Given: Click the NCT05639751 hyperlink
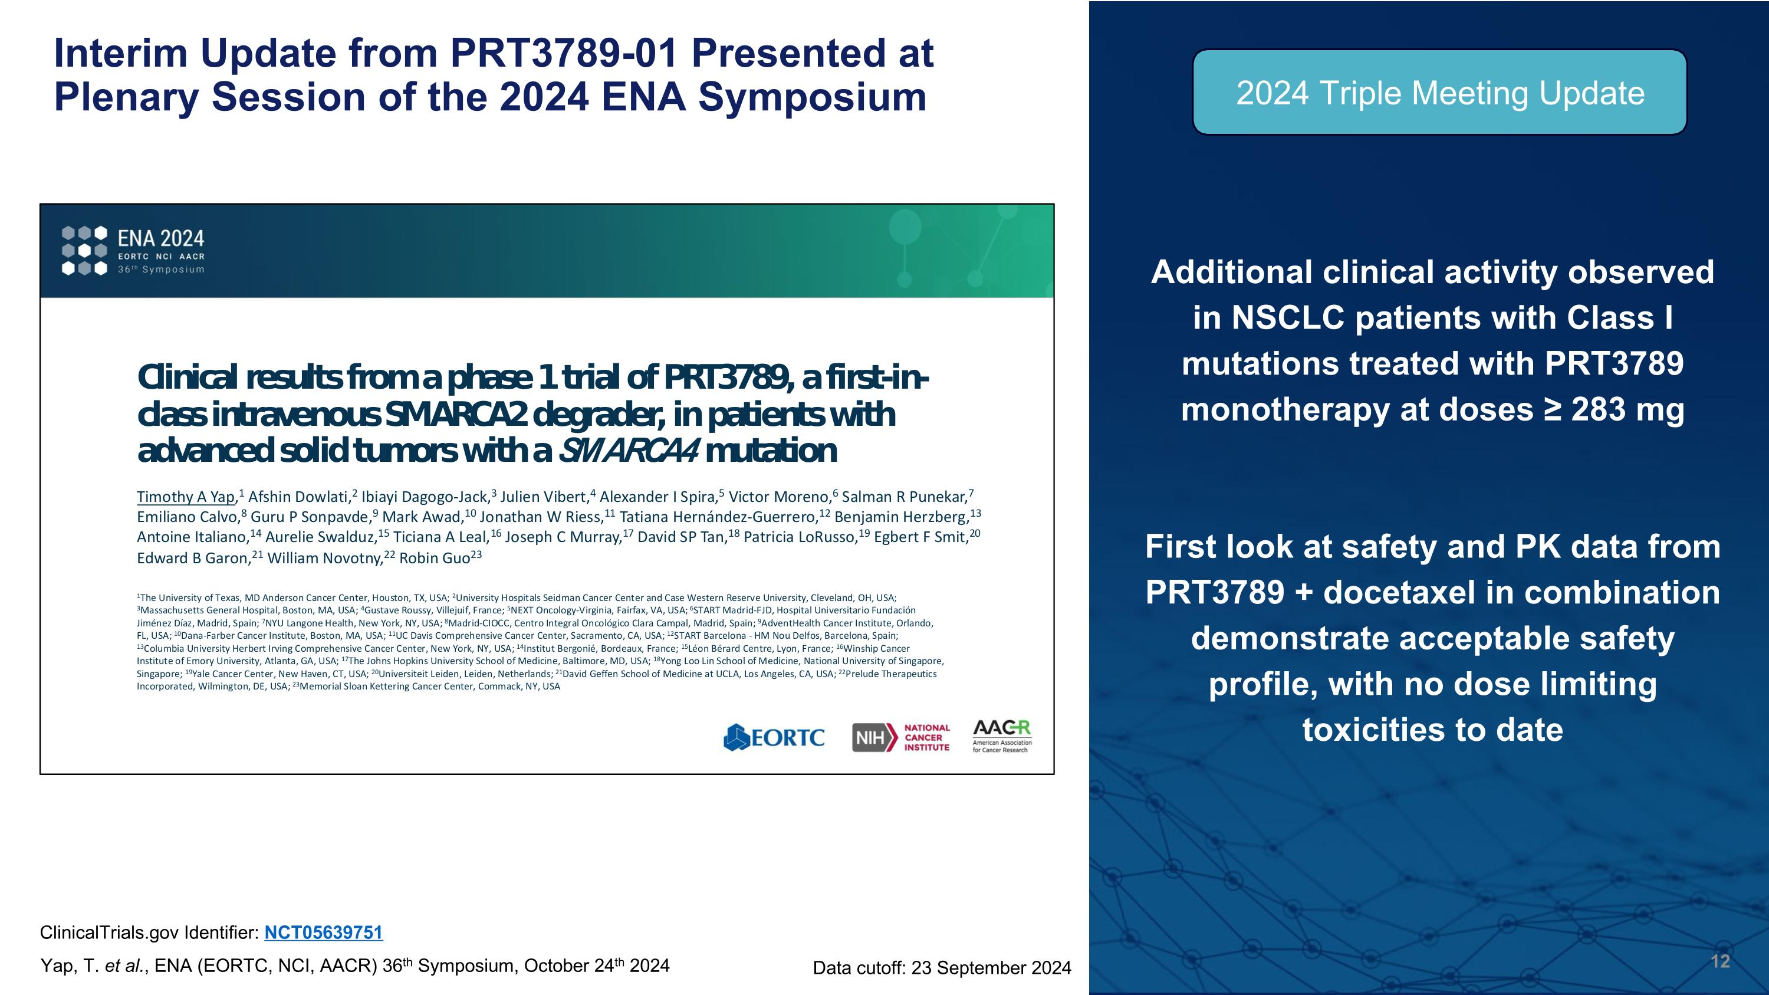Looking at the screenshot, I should pyautogui.click(x=324, y=932).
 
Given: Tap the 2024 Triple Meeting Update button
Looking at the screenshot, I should pyautogui.click(x=1439, y=93).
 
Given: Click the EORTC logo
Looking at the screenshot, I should pyautogui.click(x=774, y=737).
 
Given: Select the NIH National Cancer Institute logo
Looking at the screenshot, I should pyautogui.click(x=901, y=737).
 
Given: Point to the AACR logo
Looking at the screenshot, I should pyautogui.click(x=1002, y=736).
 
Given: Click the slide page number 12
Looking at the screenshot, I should pyautogui.click(x=1719, y=961).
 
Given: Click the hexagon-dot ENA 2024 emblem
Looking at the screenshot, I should pyautogui.click(x=84, y=250).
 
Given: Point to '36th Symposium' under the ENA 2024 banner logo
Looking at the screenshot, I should pyautogui.click(x=161, y=269).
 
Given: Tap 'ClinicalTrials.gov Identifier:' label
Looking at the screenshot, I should pyautogui.click(x=149, y=932).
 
